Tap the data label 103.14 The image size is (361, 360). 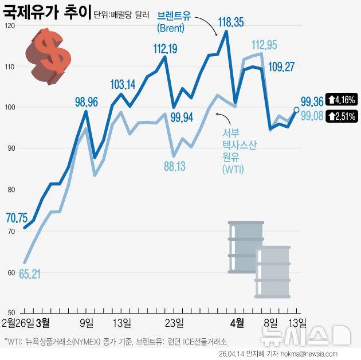click(x=122, y=85)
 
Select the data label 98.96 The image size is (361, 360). click(x=87, y=103)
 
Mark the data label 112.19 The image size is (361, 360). click(x=164, y=49)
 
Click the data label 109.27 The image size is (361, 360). click(x=281, y=67)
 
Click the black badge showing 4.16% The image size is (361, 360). click(x=342, y=99)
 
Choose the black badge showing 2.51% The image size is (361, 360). click(x=342, y=116)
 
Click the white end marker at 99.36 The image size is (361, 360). click(x=297, y=109)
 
